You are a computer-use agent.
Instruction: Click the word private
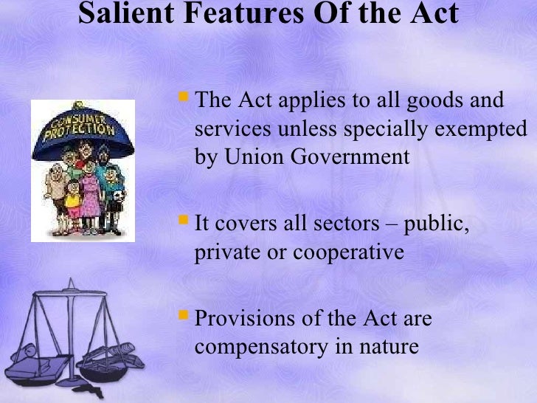(x=224, y=253)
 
